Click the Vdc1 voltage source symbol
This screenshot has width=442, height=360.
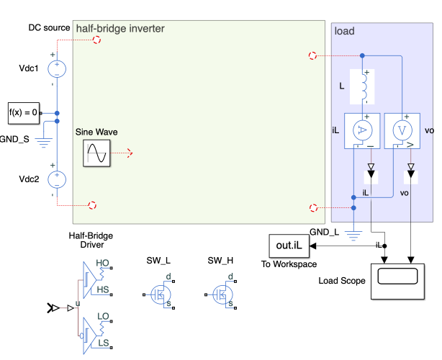click(x=56, y=68)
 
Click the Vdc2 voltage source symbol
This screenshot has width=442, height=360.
click(x=56, y=179)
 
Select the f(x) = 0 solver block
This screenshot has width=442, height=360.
click(x=24, y=113)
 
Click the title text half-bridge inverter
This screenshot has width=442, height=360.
click(x=120, y=29)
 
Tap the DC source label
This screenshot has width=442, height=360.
click(x=48, y=27)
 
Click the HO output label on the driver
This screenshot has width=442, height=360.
click(x=102, y=264)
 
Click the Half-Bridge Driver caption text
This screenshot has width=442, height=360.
click(x=91, y=240)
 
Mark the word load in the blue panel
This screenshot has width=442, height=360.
click(x=345, y=31)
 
